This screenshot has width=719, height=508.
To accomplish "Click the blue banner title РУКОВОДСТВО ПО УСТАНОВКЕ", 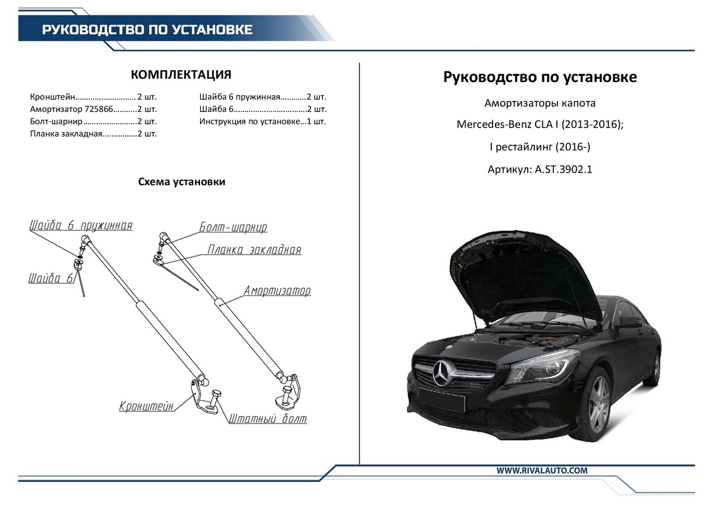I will [x=147, y=29].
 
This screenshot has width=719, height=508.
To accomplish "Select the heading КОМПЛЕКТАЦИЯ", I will [x=181, y=75].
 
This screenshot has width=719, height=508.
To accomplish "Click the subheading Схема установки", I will [x=182, y=182].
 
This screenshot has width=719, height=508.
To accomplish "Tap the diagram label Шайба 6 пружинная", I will [x=81, y=225].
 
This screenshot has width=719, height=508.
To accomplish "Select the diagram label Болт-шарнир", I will [x=233, y=228].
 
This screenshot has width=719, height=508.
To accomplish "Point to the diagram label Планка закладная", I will [x=255, y=250].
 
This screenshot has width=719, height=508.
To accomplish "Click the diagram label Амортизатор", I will [x=277, y=291].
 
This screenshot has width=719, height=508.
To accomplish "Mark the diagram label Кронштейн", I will [x=146, y=406].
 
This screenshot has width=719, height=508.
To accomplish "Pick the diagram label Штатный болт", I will [x=267, y=419].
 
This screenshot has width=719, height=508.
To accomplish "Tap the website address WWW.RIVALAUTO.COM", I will [x=542, y=470].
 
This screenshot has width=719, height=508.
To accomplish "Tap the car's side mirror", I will [x=630, y=321].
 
